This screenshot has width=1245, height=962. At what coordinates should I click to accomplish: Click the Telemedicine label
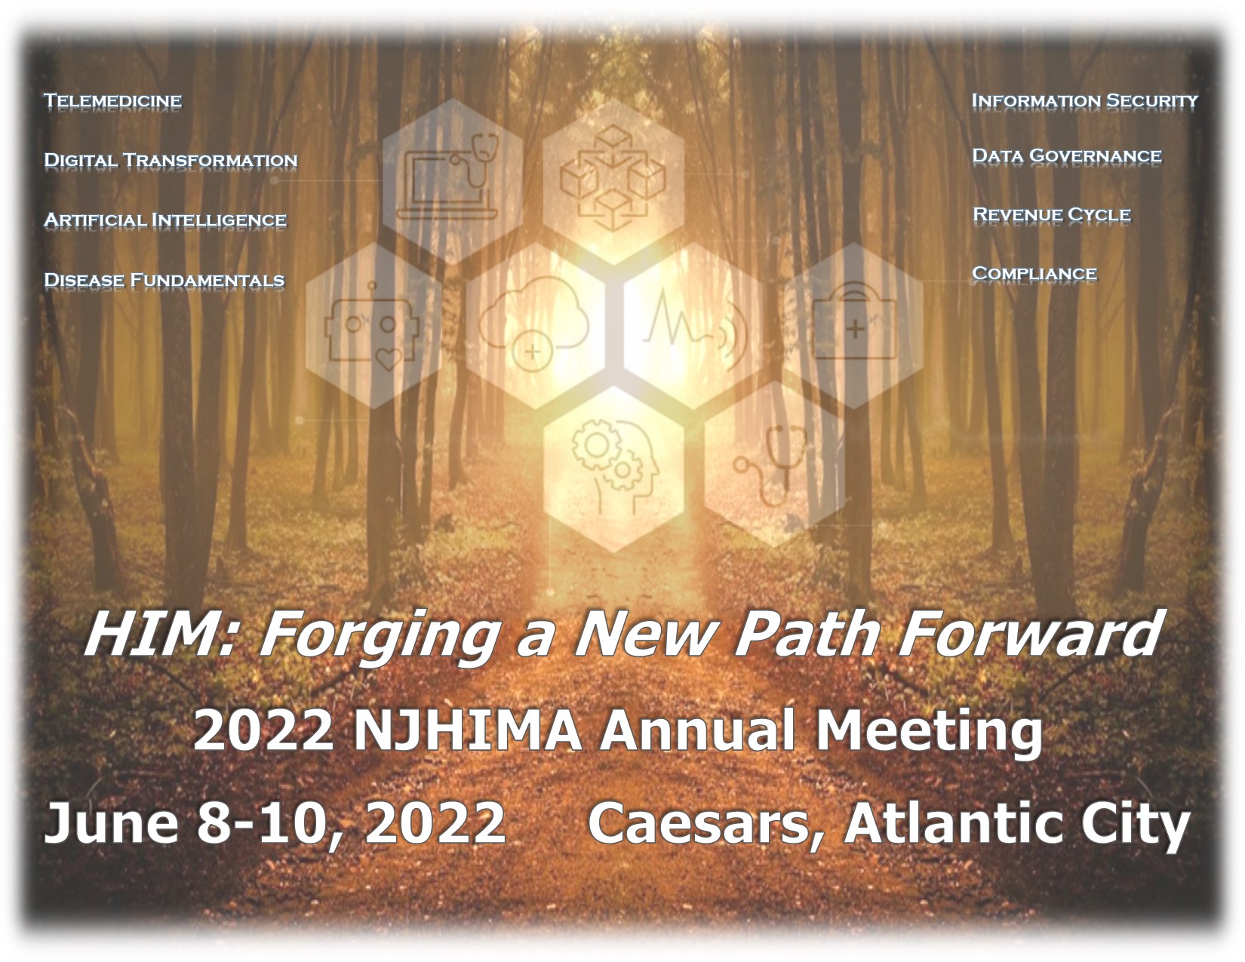coord(113,101)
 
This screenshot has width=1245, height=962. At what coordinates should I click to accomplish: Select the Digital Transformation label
coord(171,161)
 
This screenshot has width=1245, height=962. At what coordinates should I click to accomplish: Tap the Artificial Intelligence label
coord(165,220)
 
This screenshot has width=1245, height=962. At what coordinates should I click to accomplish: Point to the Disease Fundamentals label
coord(164,280)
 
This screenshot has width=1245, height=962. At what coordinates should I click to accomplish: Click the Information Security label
coord(1084,101)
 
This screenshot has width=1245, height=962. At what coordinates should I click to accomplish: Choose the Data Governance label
coord(1067,156)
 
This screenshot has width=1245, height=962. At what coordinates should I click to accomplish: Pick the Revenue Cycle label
coord(1051,215)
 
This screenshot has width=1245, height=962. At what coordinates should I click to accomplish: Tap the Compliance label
coord(1034,274)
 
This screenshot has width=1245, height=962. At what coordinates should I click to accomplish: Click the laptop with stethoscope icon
coord(452,177)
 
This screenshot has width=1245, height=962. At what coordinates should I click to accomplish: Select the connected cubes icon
coord(613,178)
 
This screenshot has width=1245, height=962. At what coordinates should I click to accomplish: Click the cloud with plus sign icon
coord(533,324)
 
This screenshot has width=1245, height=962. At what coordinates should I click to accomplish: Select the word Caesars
coord(707,825)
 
